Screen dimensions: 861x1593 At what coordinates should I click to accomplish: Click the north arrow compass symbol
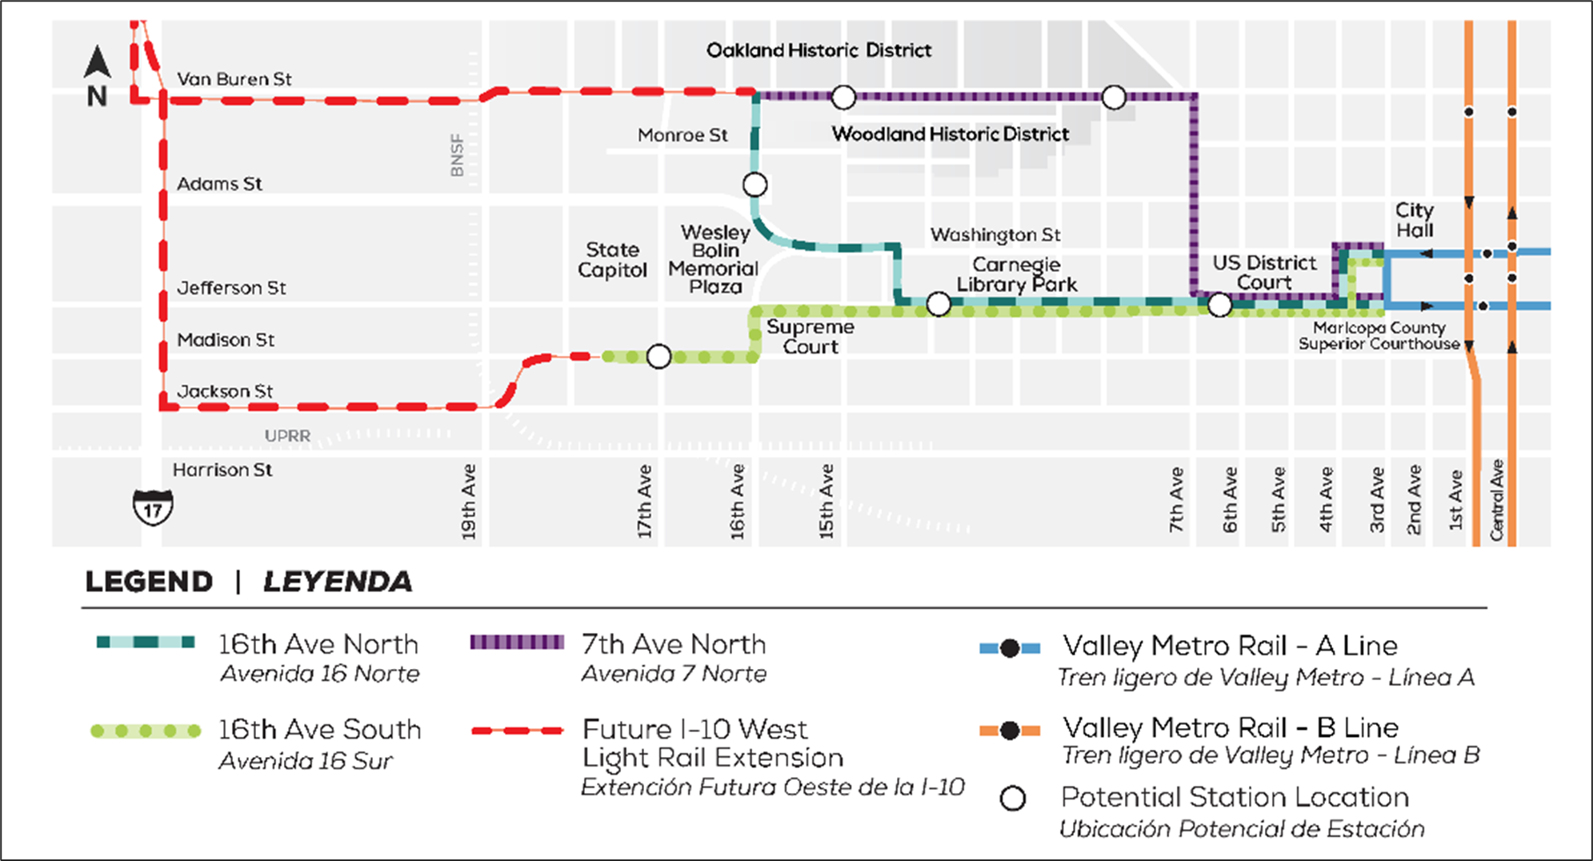pos(97,76)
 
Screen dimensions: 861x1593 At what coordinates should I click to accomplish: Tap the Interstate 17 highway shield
pos(152,507)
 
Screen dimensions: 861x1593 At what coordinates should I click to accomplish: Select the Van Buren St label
pos(234,79)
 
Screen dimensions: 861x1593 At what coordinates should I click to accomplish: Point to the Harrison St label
pos(222,470)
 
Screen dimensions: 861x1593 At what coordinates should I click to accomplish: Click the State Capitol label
pos(612,260)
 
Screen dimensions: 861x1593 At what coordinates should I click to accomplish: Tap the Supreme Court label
pos(810,337)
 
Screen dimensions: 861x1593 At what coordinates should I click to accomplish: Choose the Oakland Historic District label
pos(819,50)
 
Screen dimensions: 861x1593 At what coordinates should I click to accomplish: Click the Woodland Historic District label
pos(950,134)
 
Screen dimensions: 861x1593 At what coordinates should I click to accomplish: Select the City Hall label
pos(1414,220)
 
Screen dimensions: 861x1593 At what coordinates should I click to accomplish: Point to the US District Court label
pos(1263,272)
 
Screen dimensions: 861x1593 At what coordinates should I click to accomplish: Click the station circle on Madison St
pos(658,356)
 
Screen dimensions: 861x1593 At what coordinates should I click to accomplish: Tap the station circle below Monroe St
pos(754,185)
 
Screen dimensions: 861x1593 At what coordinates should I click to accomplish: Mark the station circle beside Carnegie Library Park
pos(939,304)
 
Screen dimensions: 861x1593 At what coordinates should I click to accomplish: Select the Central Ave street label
pos(1496,500)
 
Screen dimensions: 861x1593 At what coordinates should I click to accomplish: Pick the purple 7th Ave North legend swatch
pos(517,643)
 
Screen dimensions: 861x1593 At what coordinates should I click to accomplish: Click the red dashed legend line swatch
pos(517,730)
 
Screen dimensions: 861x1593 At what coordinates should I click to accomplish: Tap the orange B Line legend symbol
pos(1010,730)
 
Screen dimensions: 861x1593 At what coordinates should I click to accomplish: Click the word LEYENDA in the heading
pos(338,582)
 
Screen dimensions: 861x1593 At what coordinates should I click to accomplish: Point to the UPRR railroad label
pos(287,436)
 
